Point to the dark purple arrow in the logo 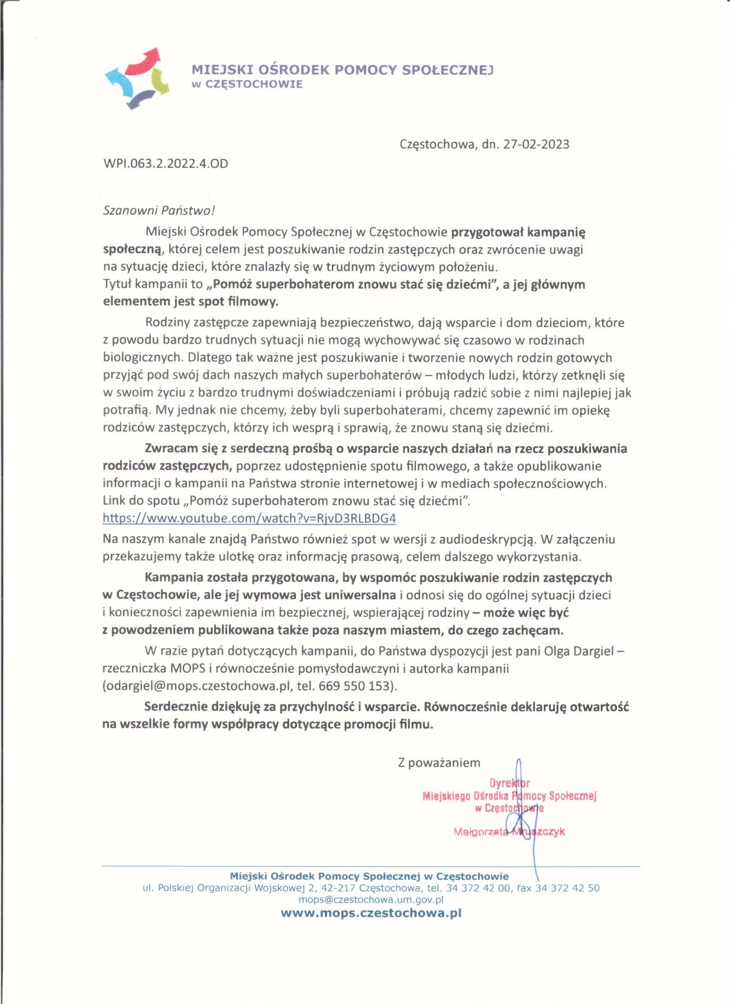pos(140,99)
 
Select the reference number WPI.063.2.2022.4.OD pos(166,163)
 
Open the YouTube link pos(249,519)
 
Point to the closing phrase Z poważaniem pos(439,763)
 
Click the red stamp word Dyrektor pos(509,783)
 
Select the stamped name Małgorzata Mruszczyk pos(509,832)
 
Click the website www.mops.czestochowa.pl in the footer pos(371,913)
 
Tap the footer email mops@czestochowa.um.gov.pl pos(371,900)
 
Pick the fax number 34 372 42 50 pos(567,888)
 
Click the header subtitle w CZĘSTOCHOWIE pos(247,84)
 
